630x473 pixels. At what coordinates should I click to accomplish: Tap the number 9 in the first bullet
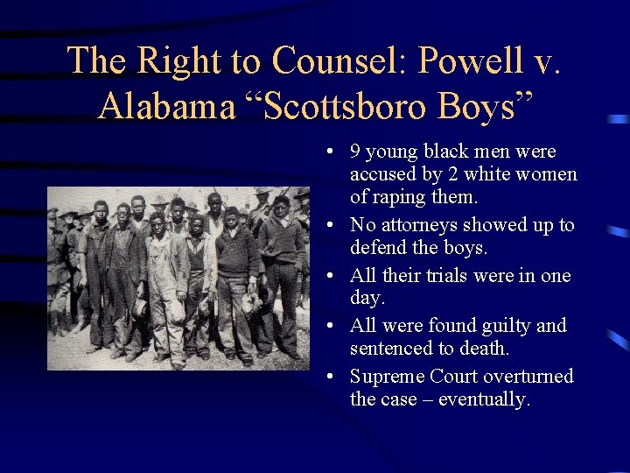354,152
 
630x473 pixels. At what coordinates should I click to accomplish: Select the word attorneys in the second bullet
414,225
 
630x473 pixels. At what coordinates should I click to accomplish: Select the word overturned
531,377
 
